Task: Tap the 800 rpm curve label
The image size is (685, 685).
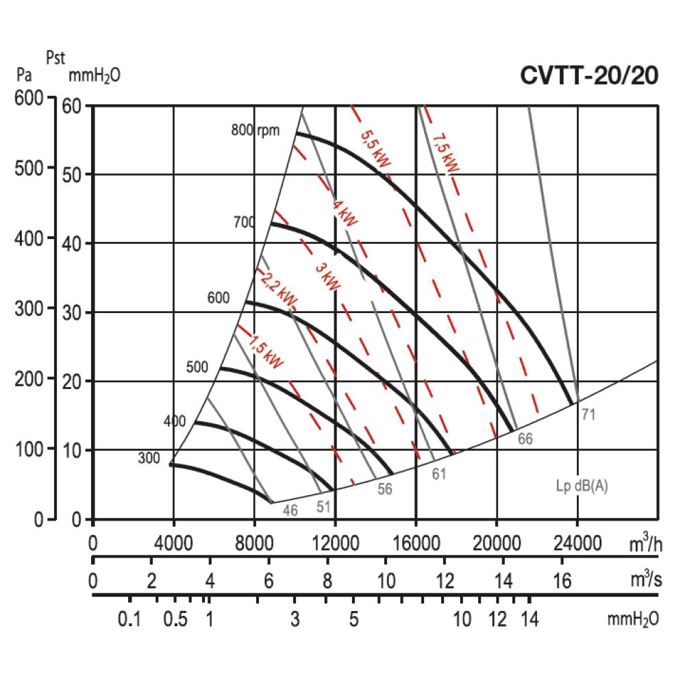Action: click(x=256, y=129)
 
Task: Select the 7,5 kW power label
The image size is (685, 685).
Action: click(x=446, y=153)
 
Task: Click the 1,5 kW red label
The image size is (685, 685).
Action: click(x=265, y=351)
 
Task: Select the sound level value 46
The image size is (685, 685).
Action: click(x=290, y=510)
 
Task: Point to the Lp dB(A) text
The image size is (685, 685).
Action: click(x=582, y=487)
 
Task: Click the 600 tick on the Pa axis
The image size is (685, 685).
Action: click(x=29, y=99)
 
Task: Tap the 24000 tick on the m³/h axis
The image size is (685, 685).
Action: click(x=577, y=545)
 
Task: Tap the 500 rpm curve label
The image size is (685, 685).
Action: click(x=197, y=367)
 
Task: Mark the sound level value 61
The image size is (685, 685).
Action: click(x=439, y=473)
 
